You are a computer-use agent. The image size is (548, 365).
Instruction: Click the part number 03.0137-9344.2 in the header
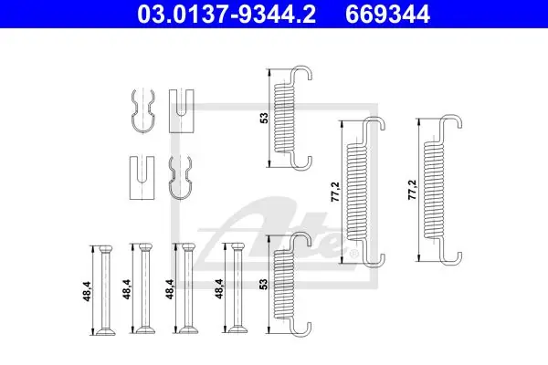[227, 14]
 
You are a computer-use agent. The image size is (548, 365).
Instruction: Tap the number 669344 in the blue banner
[387, 14]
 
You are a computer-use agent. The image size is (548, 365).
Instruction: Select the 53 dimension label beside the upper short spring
[265, 118]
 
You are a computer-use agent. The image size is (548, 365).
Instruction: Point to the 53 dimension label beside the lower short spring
[265, 284]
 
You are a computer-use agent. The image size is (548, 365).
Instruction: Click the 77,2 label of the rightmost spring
[413, 190]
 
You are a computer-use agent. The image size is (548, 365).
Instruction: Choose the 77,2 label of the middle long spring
[335, 192]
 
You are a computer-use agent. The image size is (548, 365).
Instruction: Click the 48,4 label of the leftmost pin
[87, 291]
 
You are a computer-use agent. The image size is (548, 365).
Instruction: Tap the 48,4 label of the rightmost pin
[219, 288]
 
